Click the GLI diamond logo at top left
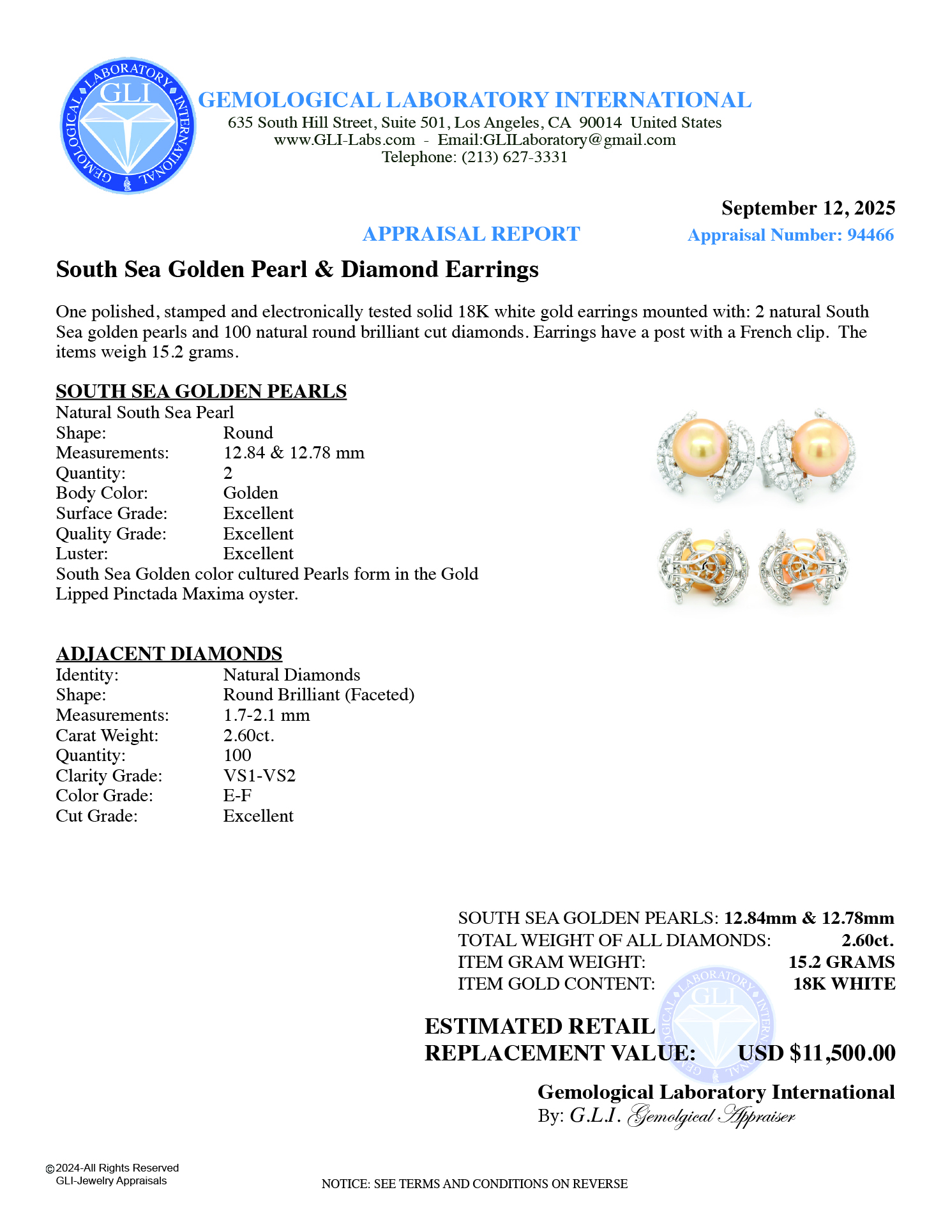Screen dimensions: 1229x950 pos(128,126)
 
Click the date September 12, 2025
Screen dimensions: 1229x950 pos(808,208)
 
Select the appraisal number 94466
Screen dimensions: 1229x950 pos(870,235)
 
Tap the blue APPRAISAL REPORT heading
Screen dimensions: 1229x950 pos(471,234)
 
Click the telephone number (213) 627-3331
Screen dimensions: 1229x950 pos(515,157)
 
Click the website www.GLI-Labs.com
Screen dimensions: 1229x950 pos(344,140)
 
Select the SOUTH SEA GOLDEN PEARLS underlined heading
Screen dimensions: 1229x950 pos(201,391)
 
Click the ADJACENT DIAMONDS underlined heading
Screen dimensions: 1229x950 pos(169,654)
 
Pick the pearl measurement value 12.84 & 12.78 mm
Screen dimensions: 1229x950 pos(294,453)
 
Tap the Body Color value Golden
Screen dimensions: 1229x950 pos(250,493)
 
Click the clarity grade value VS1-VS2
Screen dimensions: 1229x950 pos(259,776)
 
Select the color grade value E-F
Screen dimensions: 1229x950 pos(237,795)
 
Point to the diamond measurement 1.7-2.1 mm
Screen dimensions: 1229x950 pos(266,715)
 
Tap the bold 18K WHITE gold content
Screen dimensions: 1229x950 pos(844,984)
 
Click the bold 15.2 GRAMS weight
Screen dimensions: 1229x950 pos(841,962)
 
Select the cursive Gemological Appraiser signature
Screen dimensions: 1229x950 pos(712,1117)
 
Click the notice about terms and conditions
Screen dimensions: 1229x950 pos(474,1184)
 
